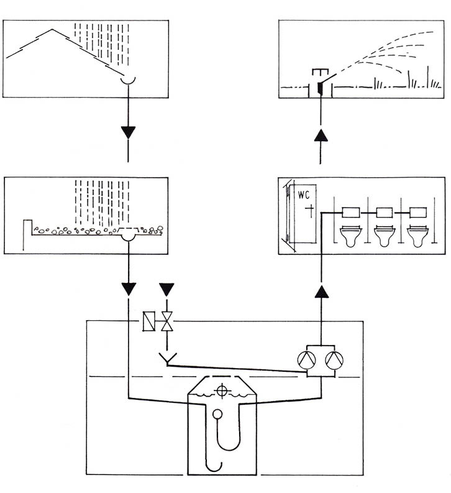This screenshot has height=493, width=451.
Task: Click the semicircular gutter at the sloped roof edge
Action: [129, 80]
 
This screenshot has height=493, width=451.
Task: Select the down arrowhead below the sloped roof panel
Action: [128, 132]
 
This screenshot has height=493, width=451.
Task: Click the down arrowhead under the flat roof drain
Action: [128, 289]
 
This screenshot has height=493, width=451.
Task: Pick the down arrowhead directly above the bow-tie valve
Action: [166, 289]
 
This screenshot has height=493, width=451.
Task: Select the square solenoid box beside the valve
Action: [149, 321]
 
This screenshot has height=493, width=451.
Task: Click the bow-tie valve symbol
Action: [166, 321]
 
